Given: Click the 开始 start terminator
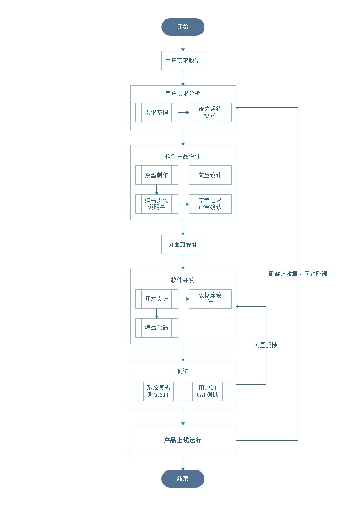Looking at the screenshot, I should click(x=183, y=27).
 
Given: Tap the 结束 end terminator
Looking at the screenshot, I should click(x=183, y=479).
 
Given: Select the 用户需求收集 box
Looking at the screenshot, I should click(x=183, y=60).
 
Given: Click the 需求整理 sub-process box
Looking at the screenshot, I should click(x=156, y=112).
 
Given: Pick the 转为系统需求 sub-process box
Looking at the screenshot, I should click(x=210, y=112).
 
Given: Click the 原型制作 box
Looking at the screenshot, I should click(x=156, y=175).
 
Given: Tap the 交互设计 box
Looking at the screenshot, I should click(x=210, y=175).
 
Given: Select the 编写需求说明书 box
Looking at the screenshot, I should click(x=156, y=204).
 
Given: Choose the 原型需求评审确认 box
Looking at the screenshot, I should click(x=210, y=204).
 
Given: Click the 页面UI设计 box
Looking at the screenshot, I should click(x=183, y=244).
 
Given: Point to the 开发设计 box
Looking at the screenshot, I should click(x=156, y=299).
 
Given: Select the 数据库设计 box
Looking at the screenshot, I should click(x=210, y=299).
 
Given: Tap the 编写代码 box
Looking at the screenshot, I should click(x=156, y=328).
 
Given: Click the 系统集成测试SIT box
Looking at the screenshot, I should click(x=158, y=391).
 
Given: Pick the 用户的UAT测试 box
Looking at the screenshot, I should click(x=207, y=391).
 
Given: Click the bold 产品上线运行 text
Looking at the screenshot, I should click(x=183, y=440).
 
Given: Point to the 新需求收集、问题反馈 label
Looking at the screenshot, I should click(x=298, y=274).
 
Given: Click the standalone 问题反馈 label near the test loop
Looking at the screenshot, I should click(x=266, y=345).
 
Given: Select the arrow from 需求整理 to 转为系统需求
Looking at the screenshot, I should click(x=183, y=112).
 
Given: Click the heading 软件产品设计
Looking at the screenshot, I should click(x=183, y=156).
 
